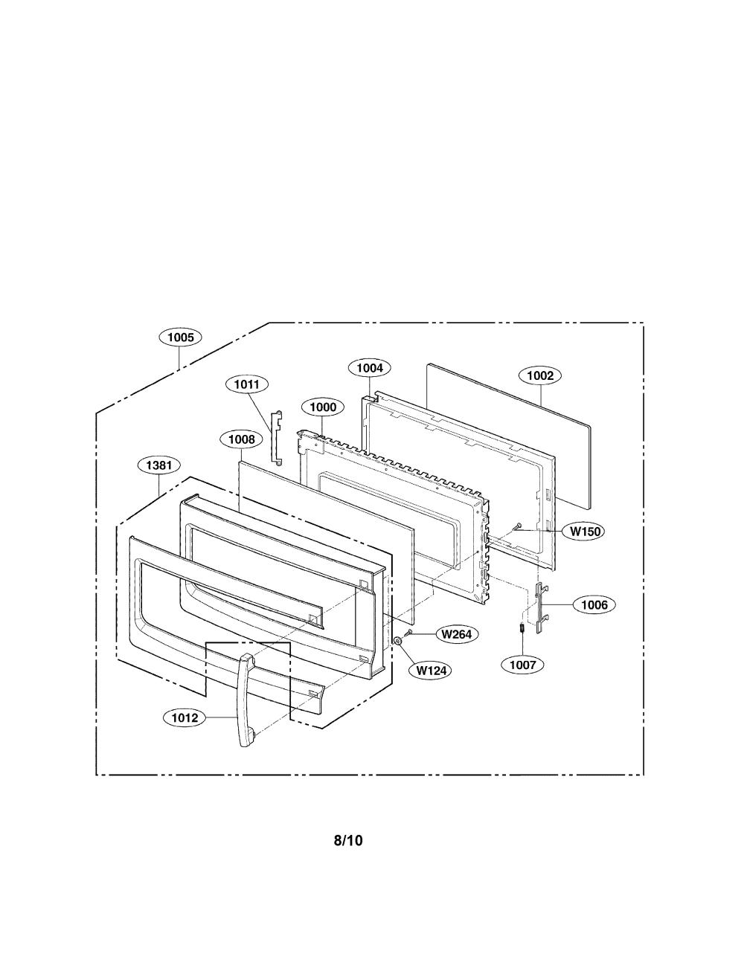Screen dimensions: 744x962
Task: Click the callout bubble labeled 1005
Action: click(x=180, y=338)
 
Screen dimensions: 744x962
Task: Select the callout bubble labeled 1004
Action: click(x=370, y=367)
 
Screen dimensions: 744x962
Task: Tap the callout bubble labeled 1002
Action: click(x=540, y=376)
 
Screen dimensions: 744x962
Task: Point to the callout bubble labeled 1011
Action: click(x=247, y=384)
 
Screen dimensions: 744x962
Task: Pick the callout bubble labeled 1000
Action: click(x=323, y=407)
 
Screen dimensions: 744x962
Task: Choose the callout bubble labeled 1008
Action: click(x=241, y=439)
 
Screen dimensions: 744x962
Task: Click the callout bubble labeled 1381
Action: click(x=159, y=465)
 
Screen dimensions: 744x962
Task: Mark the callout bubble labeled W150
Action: click(x=585, y=532)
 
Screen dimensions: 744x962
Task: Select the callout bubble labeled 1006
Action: click(x=594, y=604)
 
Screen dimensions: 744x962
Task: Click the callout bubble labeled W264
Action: click(x=457, y=634)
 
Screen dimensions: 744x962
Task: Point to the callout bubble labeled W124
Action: click(x=431, y=671)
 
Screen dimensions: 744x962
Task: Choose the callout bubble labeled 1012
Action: click(x=185, y=717)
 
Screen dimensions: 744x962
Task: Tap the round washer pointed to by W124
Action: click(x=399, y=640)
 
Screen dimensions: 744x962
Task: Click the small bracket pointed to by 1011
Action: click(x=278, y=439)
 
